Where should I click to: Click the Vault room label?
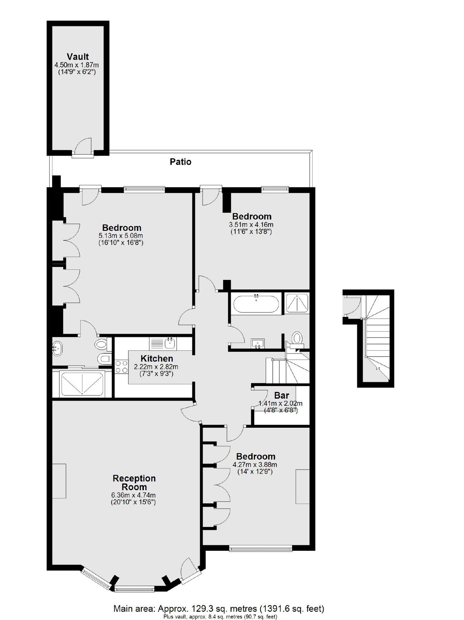tap(78, 56)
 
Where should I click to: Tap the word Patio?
tap(180, 162)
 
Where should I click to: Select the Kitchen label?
tap(157, 358)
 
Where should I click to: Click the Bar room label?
tap(282, 395)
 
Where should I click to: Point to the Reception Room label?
tap(134, 483)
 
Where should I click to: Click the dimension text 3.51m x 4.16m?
tap(251, 225)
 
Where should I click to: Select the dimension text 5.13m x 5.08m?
tap(121, 236)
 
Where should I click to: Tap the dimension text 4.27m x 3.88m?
tap(255, 464)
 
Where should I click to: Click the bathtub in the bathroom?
tap(256, 304)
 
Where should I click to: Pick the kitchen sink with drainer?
tap(162, 343)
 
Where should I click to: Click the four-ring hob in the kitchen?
tap(121, 366)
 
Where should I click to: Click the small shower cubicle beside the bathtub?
tap(296, 303)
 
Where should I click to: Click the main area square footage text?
tap(219, 608)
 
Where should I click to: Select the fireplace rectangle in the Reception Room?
tap(59, 481)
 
